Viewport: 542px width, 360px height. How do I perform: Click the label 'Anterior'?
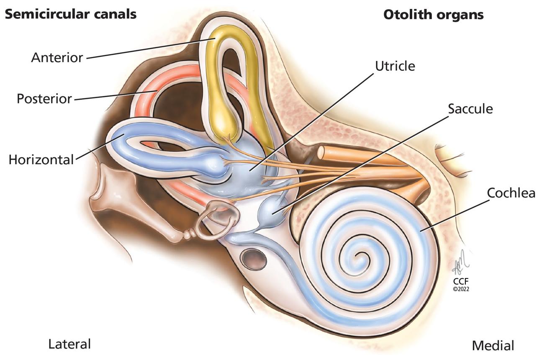coord(57,57)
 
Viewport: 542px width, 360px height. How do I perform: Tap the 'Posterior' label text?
coord(44,99)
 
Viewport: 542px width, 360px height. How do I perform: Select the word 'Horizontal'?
coord(41,159)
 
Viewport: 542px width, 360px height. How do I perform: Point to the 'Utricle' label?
coord(395,66)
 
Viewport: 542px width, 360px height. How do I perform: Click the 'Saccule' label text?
coord(470,109)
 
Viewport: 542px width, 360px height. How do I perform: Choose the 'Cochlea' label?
coord(511,193)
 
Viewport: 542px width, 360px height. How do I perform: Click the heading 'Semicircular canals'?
coord(70,14)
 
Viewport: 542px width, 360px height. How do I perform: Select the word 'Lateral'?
coord(69,344)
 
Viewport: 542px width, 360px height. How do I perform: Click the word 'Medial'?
coord(493,346)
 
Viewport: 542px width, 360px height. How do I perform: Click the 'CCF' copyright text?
coord(460,281)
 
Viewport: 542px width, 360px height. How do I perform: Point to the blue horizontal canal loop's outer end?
coord(120,136)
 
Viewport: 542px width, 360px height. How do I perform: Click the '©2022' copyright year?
coord(460,289)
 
